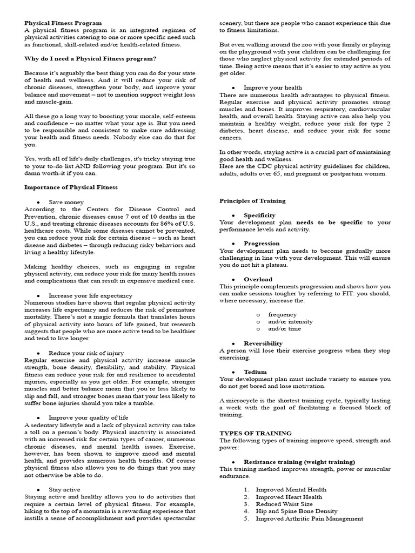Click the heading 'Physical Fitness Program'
click(63, 23)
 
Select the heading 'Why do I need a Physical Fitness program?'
click(90, 58)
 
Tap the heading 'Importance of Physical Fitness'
click(71, 187)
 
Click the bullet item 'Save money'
click(66, 202)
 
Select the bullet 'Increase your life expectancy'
click(90, 295)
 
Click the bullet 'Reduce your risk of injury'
click(86, 353)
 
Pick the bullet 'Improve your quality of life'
click(88, 417)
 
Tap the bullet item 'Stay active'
click(64, 489)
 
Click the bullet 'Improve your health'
click(273, 87)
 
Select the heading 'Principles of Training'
click(252, 201)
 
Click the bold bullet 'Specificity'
click(259, 215)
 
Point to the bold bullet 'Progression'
click(262, 244)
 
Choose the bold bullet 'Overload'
click(258, 279)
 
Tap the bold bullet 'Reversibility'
click(263, 343)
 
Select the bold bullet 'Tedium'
click(255, 372)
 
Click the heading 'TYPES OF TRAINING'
click(255, 433)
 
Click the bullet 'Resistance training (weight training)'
click(299, 462)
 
